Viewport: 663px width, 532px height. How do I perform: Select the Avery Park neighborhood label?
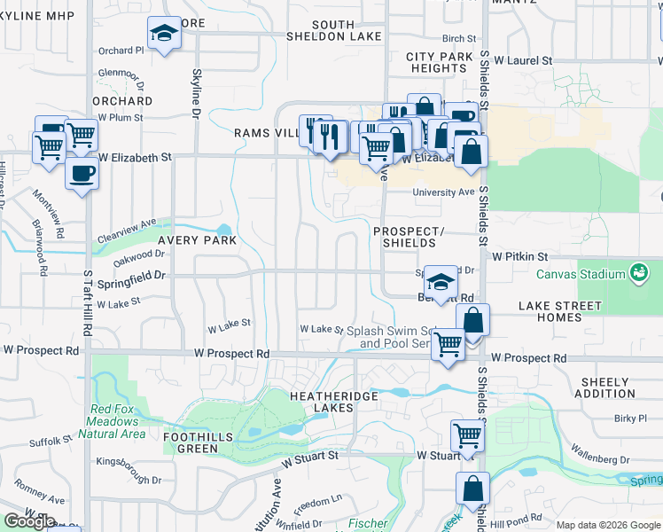click(x=197, y=240)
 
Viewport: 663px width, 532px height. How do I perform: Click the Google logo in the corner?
click(x=29, y=521)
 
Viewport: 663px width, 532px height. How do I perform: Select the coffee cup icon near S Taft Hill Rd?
click(x=82, y=173)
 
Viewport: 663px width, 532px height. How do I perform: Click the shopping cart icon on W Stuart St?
click(x=466, y=434)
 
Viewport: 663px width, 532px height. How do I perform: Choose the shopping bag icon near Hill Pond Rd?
click(x=472, y=488)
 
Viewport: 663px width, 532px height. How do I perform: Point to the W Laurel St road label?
click(x=523, y=60)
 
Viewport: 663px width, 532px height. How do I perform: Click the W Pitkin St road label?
click(x=523, y=255)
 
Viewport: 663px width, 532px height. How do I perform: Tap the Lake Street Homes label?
click(x=559, y=311)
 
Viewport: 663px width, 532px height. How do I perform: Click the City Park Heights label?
click(x=440, y=62)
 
